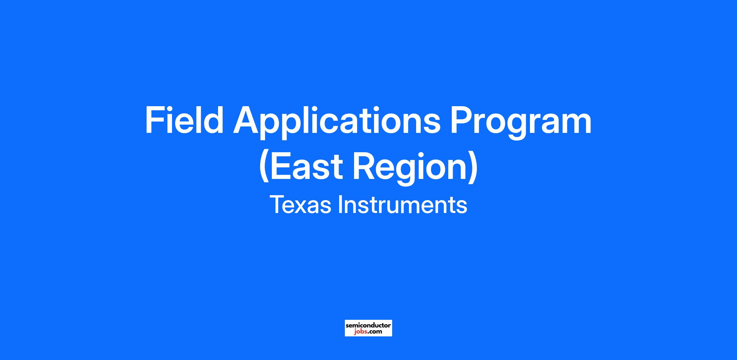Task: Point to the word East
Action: [306, 166]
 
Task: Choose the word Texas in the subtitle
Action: [300, 204]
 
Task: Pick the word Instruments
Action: [402, 204]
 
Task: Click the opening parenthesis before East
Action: [264, 167]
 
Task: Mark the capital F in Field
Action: [154, 120]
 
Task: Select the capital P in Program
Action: [462, 120]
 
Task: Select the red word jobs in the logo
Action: [359, 332]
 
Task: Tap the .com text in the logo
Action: [374, 332]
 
